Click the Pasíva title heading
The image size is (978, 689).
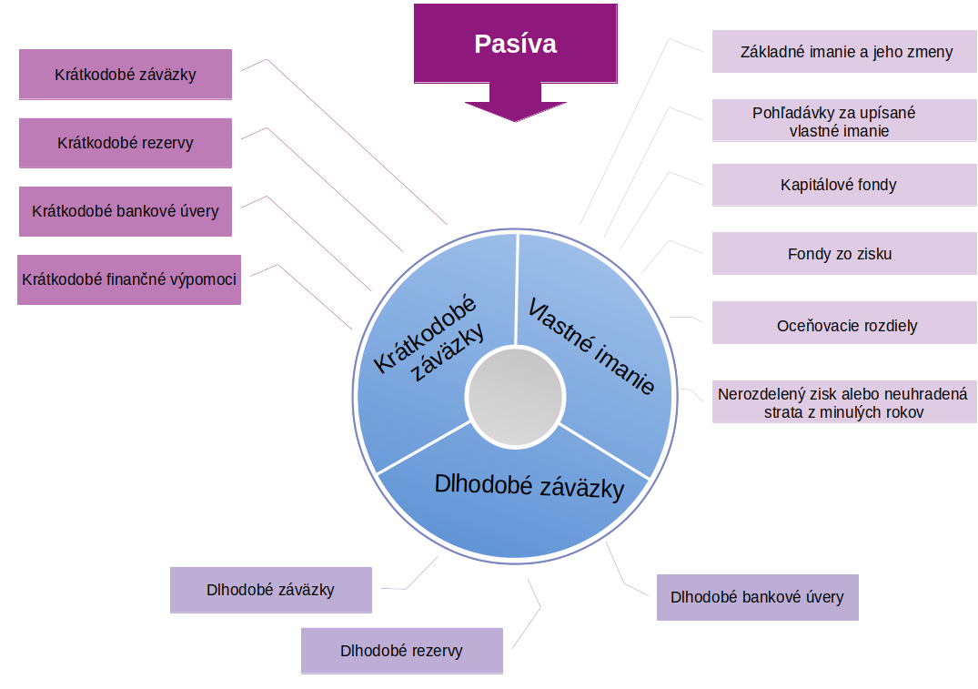[515, 44]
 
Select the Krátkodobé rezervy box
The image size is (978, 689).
[126, 143]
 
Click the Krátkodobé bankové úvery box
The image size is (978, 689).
[126, 211]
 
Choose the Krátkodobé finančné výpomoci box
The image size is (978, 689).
[129, 279]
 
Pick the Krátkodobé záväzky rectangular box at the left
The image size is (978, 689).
[126, 75]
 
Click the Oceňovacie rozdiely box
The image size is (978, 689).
[843, 325]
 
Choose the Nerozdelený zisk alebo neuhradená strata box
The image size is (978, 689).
[843, 403]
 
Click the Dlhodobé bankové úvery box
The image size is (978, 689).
[757, 597]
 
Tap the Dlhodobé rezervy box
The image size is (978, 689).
[401, 651]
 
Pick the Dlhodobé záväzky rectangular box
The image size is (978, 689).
[270, 590]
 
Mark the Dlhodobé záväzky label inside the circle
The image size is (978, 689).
[529, 486]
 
